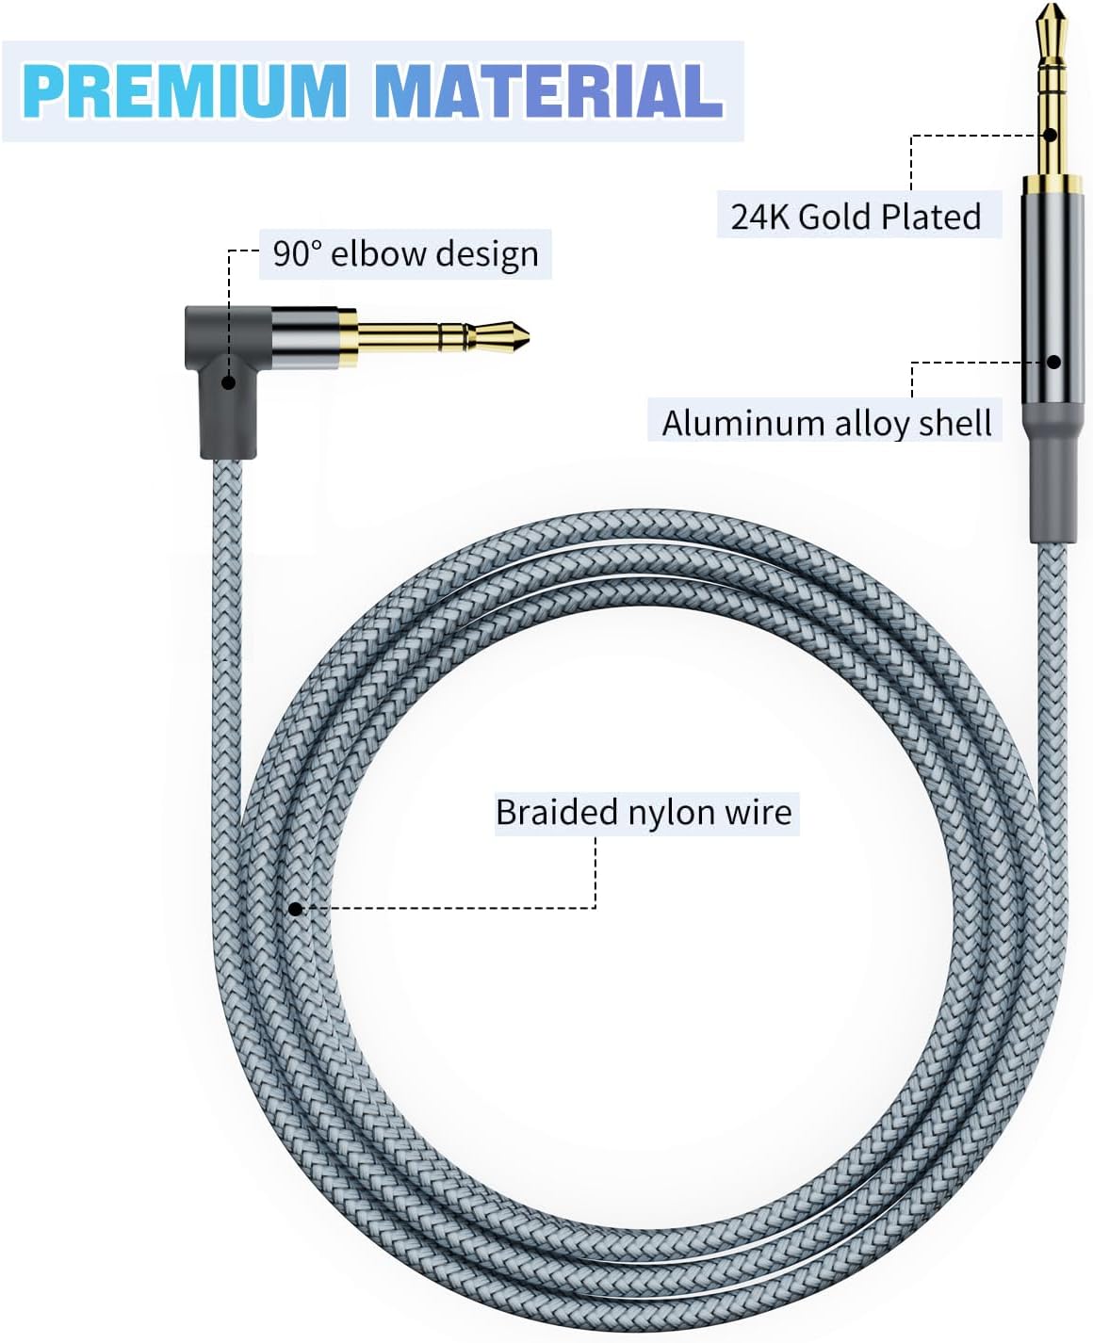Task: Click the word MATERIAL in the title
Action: pos(548,90)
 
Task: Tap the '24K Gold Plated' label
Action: pos(856,217)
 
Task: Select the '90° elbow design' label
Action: pos(405,254)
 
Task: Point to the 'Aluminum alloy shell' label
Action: pos(826,423)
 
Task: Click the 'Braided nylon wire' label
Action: pos(644,813)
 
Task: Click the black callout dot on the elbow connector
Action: pos(228,382)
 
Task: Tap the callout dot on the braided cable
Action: pos(295,909)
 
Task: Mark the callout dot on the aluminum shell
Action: pos(1054,362)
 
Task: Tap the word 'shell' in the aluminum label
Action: pos(956,423)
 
